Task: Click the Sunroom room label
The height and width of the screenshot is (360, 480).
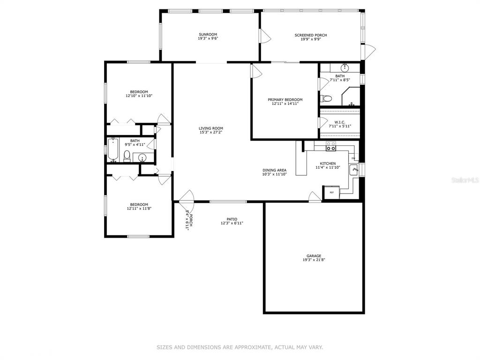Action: (x=208, y=35)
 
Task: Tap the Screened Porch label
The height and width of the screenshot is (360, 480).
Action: (x=311, y=35)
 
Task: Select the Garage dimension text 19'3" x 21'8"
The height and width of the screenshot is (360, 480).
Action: (x=314, y=260)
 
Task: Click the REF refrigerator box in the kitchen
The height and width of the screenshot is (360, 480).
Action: (x=331, y=192)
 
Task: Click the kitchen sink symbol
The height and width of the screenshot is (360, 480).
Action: (x=354, y=170)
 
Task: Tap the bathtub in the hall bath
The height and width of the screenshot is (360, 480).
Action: (x=113, y=150)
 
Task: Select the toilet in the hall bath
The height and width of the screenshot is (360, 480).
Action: (x=127, y=156)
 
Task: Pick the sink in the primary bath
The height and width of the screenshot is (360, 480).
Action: (x=345, y=67)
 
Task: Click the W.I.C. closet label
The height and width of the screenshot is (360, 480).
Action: (x=340, y=122)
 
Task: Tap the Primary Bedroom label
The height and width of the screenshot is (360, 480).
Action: (x=285, y=99)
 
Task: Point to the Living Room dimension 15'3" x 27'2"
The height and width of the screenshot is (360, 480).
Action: (x=211, y=132)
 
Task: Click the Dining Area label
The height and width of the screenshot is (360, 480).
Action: (x=275, y=170)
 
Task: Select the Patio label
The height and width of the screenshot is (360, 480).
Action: (x=232, y=219)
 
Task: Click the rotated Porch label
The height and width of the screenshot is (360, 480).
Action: (x=191, y=220)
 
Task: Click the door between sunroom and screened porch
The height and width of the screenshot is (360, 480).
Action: (x=265, y=36)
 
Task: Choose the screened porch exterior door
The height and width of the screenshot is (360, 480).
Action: (x=368, y=52)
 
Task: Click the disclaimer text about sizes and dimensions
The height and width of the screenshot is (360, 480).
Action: (x=240, y=347)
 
